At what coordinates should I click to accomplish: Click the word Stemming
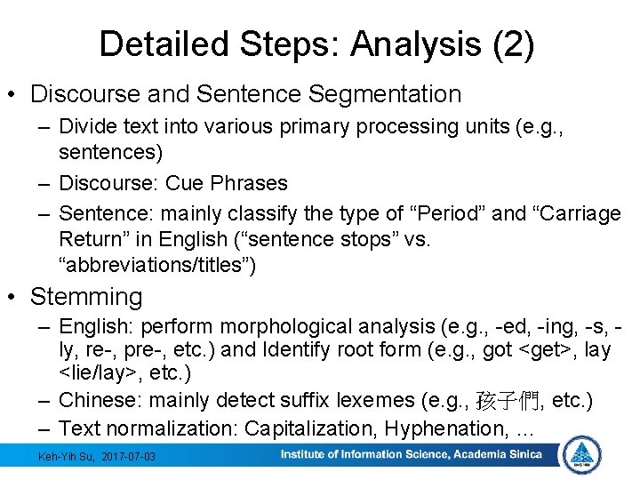tap(86, 296)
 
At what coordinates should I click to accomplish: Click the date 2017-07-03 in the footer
tap(129, 456)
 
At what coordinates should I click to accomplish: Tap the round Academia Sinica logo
tap(582, 455)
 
